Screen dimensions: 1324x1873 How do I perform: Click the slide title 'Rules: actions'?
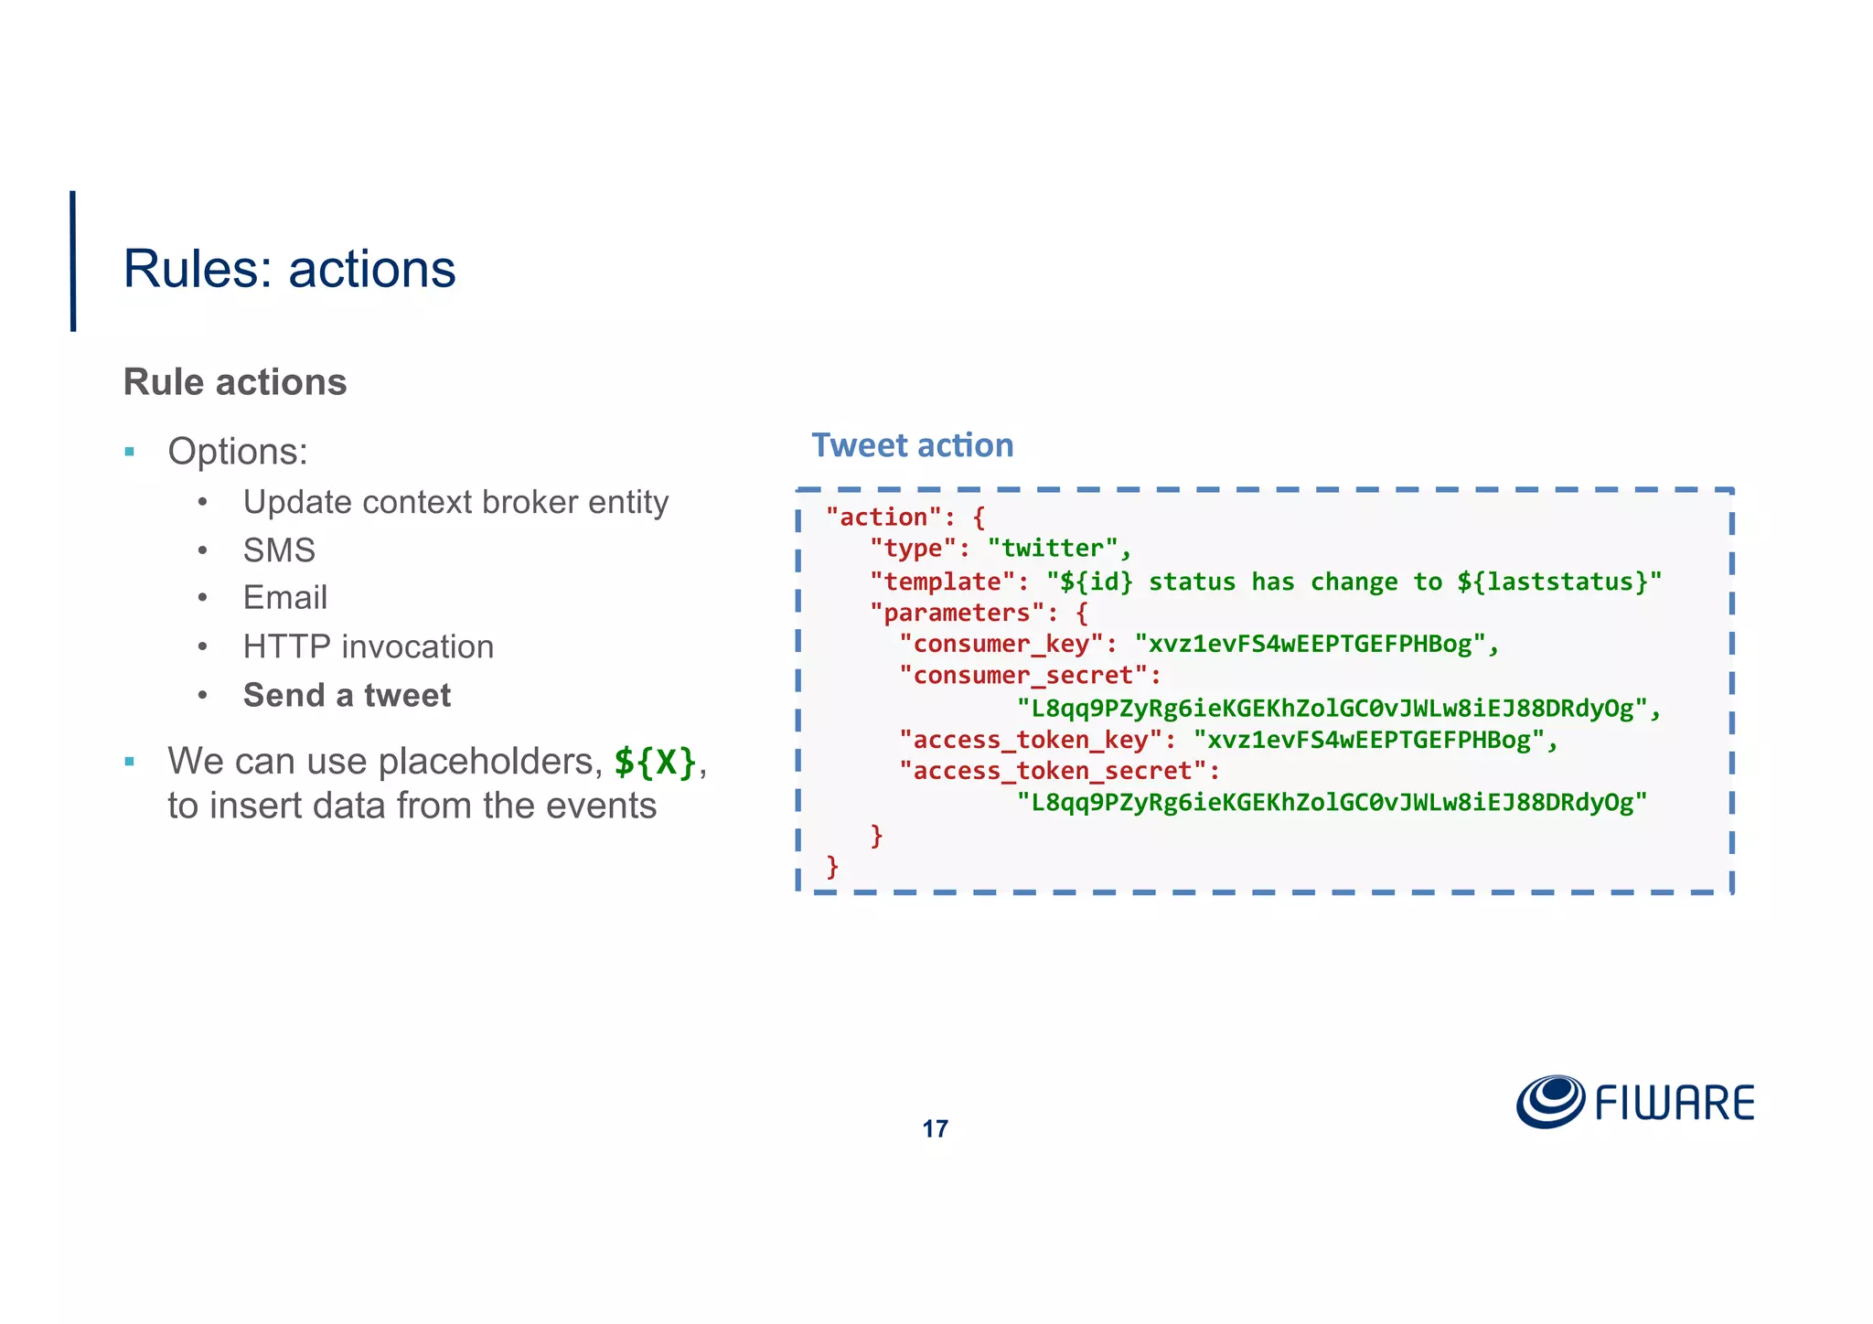coord(289,269)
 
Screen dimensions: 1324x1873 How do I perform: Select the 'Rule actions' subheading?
coord(235,382)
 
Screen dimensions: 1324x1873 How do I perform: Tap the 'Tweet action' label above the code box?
coord(912,445)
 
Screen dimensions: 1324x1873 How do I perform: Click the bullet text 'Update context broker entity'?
coord(455,502)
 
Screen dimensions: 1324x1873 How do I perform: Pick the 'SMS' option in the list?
coord(279,550)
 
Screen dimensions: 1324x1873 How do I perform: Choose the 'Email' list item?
coord(284,598)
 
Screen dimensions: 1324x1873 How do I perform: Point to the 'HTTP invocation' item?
coord(368,646)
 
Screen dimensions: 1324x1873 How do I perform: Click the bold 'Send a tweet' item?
coord(347,696)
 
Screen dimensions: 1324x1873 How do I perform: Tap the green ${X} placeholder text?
coord(655,761)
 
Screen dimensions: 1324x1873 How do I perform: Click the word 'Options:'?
coord(238,452)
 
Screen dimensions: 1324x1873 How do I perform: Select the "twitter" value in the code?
coord(1053,549)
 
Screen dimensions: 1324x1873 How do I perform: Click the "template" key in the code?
coord(943,582)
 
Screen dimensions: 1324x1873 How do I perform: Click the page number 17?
coord(935,1129)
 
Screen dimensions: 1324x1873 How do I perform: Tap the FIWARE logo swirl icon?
coord(1550,1101)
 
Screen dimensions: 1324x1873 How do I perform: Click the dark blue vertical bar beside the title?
coord(73,261)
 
